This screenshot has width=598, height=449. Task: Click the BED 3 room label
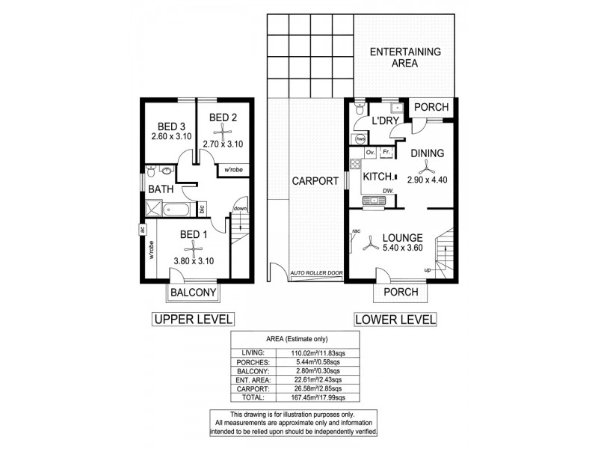click(171, 125)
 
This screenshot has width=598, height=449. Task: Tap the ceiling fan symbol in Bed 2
click(223, 130)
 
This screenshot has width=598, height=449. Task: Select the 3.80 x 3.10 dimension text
click(194, 260)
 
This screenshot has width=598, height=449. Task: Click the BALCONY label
click(193, 292)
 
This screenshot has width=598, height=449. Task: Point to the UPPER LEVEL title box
click(194, 320)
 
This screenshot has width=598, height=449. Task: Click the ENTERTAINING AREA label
click(405, 58)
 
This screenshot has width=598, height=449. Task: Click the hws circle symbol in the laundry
click(360, 138)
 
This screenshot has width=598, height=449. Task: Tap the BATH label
click(161, 190)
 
